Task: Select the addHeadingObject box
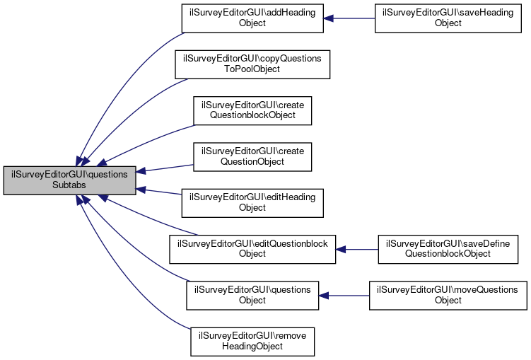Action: (252, 18)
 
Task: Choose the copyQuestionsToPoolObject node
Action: (252, 64)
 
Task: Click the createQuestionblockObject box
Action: (252, 110)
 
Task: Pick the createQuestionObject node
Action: (252, 156)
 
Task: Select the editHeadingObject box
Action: (252, 203)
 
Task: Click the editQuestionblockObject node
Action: (252, 249)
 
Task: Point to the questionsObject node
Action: (252, 295)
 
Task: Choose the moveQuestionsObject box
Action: (448, 295)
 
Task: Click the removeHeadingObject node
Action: (252, 342)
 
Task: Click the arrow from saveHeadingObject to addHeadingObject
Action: (349, 18)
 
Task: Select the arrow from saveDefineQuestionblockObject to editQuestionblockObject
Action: (357, 249)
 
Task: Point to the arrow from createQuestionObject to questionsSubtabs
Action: (165, 168)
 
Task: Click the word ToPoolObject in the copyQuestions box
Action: (252, 69)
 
